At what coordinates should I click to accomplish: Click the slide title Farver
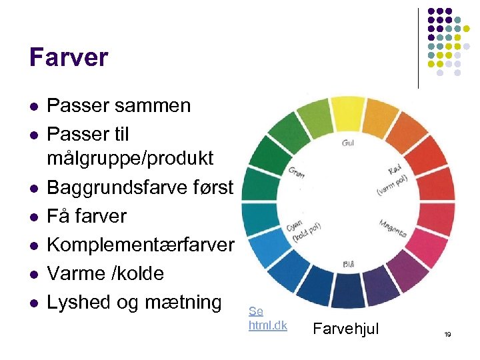click(68, 58)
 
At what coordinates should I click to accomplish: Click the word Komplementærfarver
click(140, 245)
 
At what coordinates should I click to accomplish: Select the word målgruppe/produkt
click(130, 159)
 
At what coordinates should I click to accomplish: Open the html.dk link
click(267, 325)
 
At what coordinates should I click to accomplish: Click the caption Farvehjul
click(346, 327)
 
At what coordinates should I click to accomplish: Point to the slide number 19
click(448, 333)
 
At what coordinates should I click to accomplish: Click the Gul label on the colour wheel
click(348, 143)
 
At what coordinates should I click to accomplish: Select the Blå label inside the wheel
click(348, 264)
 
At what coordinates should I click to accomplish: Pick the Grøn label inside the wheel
click(297, 172)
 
